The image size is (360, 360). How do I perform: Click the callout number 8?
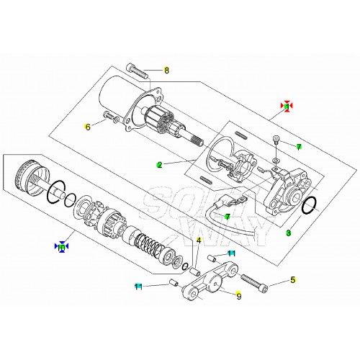click(x=166, y=71)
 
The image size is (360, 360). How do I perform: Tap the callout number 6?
click(x=89, y=127)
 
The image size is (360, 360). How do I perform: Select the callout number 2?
click(x=159, y=165)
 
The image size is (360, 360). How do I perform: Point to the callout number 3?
click(x=288, y=233)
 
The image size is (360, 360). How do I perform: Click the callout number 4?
click(x=198, y=240)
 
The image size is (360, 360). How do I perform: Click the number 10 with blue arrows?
click(x=62, y=247)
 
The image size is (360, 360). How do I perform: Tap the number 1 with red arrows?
click(x=287, y=107)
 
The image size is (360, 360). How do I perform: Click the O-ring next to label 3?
click(x=308, y=207)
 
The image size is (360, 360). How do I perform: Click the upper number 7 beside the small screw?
click(x=298, y=147)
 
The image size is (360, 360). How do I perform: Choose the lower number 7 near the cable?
click(x=227, y=217)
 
